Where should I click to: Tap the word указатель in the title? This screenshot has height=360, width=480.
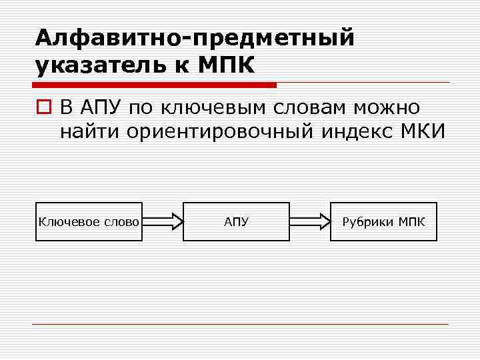107,66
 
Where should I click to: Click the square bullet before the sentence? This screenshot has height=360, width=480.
43,107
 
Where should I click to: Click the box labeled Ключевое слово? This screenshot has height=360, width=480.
89,221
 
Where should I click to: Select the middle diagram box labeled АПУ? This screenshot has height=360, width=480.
236,221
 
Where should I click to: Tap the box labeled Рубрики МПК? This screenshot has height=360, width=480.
383,221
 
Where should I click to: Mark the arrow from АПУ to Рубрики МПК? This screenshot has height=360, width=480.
310,221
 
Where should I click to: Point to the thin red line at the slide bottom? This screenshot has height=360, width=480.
240,325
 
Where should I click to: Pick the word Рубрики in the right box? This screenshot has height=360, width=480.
368,221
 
